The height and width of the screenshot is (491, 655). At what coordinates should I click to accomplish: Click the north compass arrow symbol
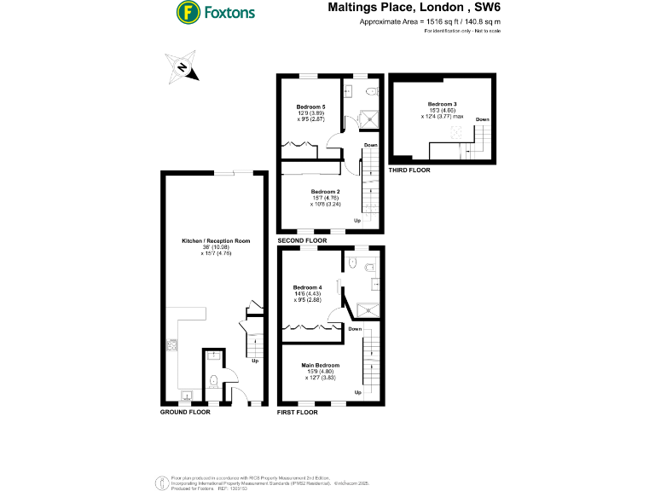coord(183,68)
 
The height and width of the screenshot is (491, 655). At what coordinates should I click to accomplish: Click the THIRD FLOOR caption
coord(409,170)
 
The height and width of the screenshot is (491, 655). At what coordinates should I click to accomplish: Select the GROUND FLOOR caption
coord(185,412)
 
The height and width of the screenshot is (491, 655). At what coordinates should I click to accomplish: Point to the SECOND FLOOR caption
coord(302,241)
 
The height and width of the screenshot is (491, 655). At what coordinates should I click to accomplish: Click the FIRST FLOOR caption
coord(298,412)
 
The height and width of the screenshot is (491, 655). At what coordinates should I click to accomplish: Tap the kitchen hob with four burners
coord(171,345)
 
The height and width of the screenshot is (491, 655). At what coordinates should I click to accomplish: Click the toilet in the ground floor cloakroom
coord(213,378)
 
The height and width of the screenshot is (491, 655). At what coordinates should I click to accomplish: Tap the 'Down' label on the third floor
coord(483,118)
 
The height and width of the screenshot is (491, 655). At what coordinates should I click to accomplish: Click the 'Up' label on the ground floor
coord(255,361)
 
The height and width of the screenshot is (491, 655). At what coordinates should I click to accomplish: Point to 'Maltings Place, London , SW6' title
coord(414,7)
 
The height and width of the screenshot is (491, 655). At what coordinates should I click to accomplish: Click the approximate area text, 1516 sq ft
coord(430,20)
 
